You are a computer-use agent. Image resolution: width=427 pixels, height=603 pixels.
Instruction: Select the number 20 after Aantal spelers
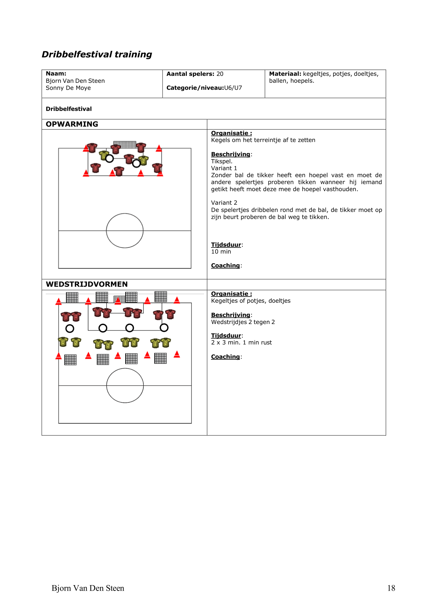tap(220, 74)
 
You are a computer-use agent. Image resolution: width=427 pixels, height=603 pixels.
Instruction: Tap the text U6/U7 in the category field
tap(233, 88)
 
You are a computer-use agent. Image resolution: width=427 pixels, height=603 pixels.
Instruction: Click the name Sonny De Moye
tap(68, 88)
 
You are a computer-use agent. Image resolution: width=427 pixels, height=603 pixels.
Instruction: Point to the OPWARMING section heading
tap(72, 124)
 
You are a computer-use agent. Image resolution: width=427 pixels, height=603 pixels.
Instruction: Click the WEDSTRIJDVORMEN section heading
tap(87, 284)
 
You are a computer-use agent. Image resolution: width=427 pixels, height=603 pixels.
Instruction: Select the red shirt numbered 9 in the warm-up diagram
tap(92, 148)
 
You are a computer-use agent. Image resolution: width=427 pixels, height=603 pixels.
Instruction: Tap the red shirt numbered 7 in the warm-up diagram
tap(129, 159)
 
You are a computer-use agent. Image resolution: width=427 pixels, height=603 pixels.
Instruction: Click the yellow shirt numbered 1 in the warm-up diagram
tap(103, 156)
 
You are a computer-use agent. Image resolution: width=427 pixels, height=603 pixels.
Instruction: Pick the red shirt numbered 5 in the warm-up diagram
tap(157, 168)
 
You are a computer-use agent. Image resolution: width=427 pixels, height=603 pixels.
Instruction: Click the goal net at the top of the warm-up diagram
tap(124, 144)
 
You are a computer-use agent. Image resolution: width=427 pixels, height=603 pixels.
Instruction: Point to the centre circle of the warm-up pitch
tap(124, 231)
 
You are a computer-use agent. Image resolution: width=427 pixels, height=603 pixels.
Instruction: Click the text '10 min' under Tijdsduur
tap(221, 252)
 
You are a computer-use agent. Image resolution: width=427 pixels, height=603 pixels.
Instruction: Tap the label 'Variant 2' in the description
tap(224, 203)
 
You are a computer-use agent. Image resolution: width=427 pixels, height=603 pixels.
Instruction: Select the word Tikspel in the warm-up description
tap(221, 161)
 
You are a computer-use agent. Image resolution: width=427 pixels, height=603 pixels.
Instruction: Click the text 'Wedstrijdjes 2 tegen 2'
tap(243, 322)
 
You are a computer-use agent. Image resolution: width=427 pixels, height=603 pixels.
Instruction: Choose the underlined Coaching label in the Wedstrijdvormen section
tap(226, 357)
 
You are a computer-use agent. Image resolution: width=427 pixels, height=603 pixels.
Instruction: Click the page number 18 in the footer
tap(391, 588)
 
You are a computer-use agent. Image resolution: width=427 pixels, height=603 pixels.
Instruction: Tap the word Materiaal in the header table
tap(285, 74)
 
